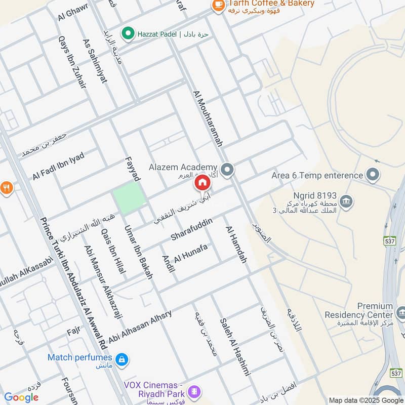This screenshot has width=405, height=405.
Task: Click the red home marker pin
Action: pyautogui.click(x=202, y=183)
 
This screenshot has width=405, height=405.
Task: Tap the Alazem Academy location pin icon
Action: pyautogui.click(x=227, y=170)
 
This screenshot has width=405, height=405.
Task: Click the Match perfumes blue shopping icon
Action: pyautogui.click(x=121, y=360)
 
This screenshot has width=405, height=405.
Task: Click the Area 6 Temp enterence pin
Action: pyautogui.click(x=373, y=175)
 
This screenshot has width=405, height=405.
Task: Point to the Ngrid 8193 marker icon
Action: pyautogui.click(x=346, y=201)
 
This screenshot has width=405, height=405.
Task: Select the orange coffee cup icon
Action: pyautogui.click(x=218, y=4)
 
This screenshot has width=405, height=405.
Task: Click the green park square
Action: pyautogui.click(x=129, y=198)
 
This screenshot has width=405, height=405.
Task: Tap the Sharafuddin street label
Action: pyautogui.click(x=191, y=229)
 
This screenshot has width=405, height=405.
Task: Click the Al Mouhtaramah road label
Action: pyautogui.click(x=208, y=119)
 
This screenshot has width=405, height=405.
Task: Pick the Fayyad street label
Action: pyautogui.click(x=133, y=169)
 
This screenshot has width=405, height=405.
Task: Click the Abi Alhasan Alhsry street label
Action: pyautogui.click(x=140, y=326)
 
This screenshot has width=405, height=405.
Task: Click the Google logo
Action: pyautogui.click(x=21, y=397)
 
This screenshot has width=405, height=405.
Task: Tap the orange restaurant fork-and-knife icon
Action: pyautogui.click(x=6, y=188)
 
